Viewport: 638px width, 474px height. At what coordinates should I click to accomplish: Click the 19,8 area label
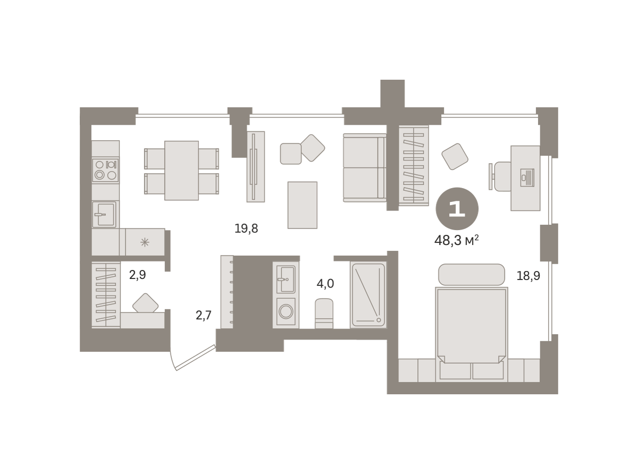pos(246,229)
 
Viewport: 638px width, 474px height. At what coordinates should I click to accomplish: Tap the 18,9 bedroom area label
pos(528,276)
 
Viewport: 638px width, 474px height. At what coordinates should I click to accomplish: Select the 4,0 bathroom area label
pos(325,284)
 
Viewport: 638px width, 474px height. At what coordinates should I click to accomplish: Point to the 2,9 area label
pos(138,275)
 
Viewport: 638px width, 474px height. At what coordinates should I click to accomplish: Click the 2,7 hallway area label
pos(204,316)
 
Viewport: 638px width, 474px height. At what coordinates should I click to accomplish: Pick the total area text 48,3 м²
pos(457,240)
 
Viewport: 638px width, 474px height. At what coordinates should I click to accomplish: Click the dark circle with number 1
pos(457,209)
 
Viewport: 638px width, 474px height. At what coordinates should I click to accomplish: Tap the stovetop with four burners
pos(106,170)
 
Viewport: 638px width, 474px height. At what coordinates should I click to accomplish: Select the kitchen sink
pos(104,215)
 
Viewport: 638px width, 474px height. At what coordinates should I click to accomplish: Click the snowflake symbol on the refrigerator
pos(145,242)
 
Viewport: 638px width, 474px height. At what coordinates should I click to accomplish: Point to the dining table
pos(181,171)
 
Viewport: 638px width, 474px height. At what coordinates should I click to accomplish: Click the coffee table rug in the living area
pos(303,205)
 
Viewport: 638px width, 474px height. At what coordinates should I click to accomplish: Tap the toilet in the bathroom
pos(324,314)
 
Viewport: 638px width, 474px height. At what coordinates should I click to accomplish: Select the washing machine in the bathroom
pos(286,312)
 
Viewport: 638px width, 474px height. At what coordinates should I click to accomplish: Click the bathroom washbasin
pos(286,280)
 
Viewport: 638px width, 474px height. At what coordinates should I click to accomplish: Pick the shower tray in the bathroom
pos(368,295)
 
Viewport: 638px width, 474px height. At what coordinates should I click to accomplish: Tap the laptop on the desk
pos(527,177)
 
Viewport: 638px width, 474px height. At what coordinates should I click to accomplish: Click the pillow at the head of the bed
pos(472,275)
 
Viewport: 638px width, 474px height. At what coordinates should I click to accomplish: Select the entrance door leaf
pos(196,358)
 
